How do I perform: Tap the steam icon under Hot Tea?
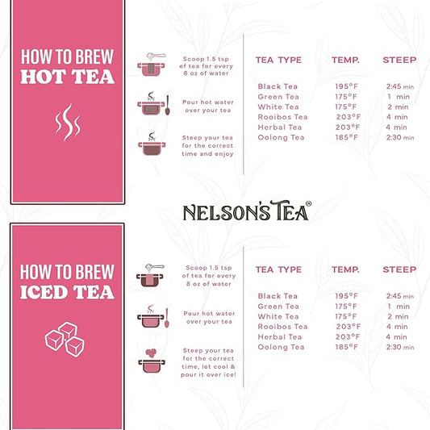pos(67,123)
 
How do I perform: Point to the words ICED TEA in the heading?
pos(67,290)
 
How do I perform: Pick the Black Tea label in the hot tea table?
pos(278,86)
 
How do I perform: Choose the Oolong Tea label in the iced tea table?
pos(281,347)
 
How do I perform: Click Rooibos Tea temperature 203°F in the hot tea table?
pos(346,117)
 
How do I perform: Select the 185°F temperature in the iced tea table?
pos(346,347)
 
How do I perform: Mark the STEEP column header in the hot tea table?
pos(399,60)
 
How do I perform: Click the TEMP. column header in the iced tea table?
pos(346,269)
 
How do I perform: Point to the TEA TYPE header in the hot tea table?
pos(278,60)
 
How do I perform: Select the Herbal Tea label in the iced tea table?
pos(280,336)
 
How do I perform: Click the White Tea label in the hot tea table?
pos(278,106)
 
